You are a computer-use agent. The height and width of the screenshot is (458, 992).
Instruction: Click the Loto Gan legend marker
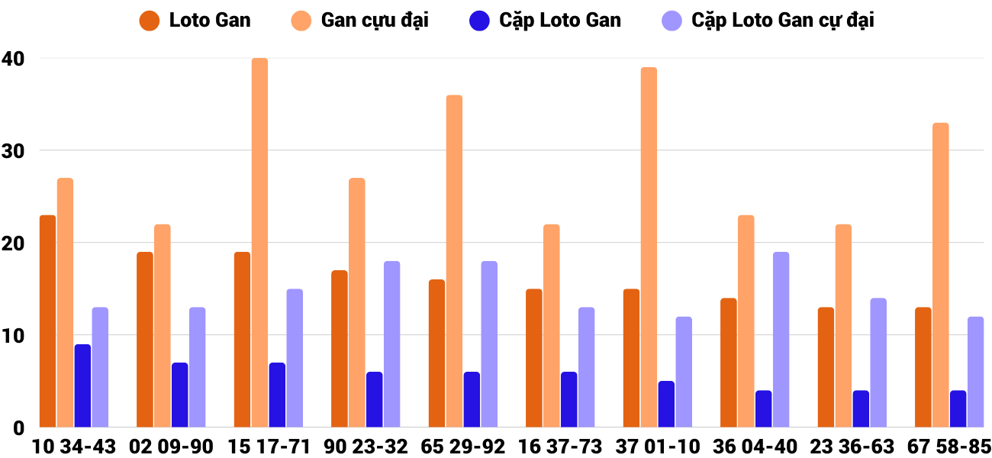(x=150, y=21)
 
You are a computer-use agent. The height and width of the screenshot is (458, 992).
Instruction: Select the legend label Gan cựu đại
(x=374, y=21)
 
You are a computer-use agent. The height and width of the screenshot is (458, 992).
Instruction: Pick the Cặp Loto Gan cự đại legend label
(x=782, y=21)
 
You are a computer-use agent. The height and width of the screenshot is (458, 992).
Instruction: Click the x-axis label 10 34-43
(x=74, y=447)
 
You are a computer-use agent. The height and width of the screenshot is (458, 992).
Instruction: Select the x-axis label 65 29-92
(x=463, y=447)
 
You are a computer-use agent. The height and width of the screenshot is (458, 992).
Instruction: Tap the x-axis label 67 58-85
(x=949, y=447)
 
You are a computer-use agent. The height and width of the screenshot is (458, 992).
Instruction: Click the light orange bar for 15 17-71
(x=259, y=243)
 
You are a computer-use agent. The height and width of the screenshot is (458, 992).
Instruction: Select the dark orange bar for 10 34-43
(x=47, y=321)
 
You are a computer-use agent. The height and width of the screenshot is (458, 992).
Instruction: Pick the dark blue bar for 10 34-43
(x=82, y=385)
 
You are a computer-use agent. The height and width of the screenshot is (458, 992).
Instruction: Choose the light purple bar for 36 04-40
(x=781, y=340)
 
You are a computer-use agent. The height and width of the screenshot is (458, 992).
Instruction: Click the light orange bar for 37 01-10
(x=649, y=247)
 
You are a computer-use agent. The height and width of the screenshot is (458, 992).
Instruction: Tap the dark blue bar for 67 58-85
(x=958, y=409)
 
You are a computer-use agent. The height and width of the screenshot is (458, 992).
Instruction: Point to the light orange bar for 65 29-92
(x=454, y=261)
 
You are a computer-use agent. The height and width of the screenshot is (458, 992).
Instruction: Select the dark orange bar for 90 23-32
(x=340, y=349)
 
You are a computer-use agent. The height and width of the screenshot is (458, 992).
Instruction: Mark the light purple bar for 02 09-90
(x=197, y=367)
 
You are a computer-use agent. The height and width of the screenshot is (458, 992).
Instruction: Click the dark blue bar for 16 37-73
(x=568, y=399)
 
